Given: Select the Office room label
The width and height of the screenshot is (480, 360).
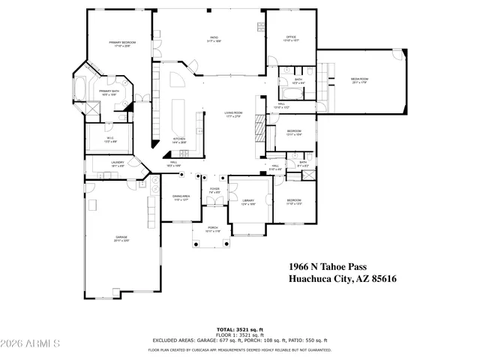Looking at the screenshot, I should pos(291,37).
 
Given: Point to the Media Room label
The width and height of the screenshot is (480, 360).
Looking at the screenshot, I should pos(360,79).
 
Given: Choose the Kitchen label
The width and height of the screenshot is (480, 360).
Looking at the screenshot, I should pos(179,139).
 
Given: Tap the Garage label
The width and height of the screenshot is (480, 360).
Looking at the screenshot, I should pos(121,238).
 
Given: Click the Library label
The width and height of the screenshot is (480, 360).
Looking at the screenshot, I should pos(248,201).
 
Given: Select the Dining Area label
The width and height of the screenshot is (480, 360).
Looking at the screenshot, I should pos(181,196).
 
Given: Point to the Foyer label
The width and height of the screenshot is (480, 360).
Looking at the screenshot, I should pos(214,189).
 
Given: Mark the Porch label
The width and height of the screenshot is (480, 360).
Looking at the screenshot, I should pos(213,228).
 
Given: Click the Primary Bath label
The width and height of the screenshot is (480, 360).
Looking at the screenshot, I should pos(109,91).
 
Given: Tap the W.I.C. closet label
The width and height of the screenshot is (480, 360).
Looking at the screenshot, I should pos(109,137).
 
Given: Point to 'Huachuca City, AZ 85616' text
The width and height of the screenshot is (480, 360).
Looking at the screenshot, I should pos(342,280).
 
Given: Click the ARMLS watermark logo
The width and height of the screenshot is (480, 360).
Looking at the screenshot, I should pos(31,344).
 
